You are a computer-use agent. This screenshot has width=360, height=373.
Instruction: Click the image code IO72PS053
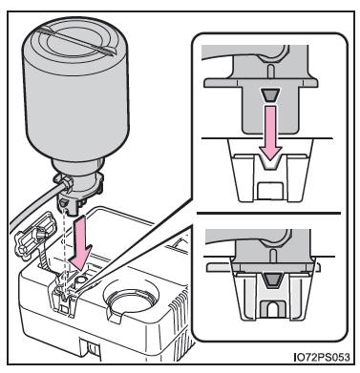click(x=322, y=357)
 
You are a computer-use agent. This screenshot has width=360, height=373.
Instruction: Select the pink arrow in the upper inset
click(x=269, y=133)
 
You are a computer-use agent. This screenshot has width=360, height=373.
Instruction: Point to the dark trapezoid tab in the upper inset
click(x=269, y=95)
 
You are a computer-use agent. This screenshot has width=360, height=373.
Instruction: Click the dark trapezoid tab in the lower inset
click(x=270, y=280)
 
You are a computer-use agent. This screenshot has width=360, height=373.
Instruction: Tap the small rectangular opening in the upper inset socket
click(x=269, y=191)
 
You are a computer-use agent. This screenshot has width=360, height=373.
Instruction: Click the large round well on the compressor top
click(x=130, y=301)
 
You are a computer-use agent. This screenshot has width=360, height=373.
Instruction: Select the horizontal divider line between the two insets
click(x=269, y=213)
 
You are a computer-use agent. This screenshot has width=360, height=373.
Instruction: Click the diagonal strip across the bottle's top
click(x=77, y=40)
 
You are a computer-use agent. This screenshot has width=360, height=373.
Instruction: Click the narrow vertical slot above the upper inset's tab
click(x=270, y=72)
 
